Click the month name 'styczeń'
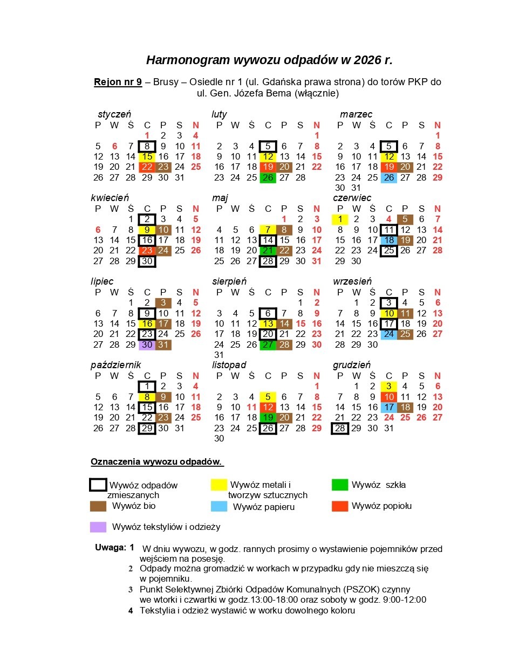(114, 114)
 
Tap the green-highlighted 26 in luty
(268, 177)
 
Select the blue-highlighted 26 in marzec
(388, 177)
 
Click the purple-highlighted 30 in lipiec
(147, 344)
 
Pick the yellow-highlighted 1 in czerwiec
(340, 219)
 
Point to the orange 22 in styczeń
(147, 167)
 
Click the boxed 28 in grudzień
(340, 428)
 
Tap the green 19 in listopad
(268, 417)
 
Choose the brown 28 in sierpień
(284, 344)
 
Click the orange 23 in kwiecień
(147, 251)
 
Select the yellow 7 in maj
(268, 230)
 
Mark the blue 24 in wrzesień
(388, 334)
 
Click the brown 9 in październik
(163, 397)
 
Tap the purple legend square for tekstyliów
(98, 527)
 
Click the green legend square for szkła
(340, 485)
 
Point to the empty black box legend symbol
(98, 485)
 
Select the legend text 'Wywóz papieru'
(264, 507)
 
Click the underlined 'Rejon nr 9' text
(118, 82)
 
